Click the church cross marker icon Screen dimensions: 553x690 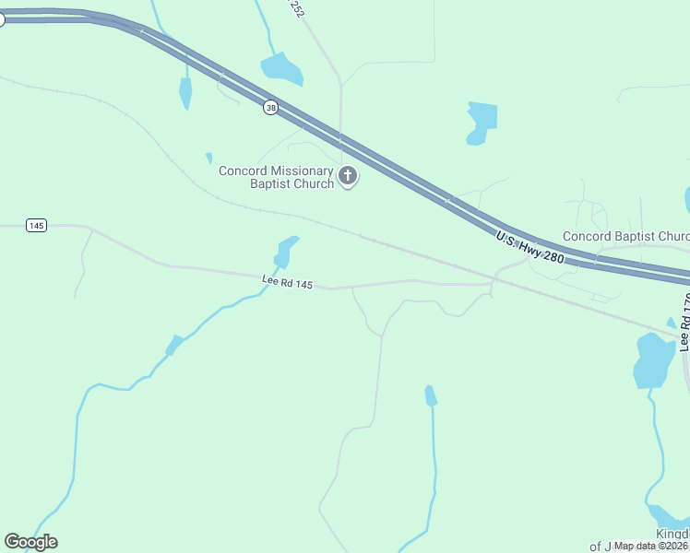348,176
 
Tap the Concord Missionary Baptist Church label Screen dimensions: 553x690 277,177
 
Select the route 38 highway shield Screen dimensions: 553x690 270,108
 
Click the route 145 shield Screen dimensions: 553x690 36,226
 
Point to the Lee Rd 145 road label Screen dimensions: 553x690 287,281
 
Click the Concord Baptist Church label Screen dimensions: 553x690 625,236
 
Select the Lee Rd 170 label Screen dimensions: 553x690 684,323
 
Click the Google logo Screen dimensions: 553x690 30,541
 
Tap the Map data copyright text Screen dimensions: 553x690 651,546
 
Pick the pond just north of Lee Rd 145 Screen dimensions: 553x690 286,250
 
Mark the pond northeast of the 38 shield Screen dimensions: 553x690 481,122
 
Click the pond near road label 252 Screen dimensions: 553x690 281,68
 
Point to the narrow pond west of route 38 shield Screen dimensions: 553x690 185,92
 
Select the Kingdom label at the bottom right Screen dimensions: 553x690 672,535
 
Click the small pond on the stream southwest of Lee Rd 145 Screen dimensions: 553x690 172,346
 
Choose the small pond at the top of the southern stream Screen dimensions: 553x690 430,395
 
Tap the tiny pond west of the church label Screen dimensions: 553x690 209,158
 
